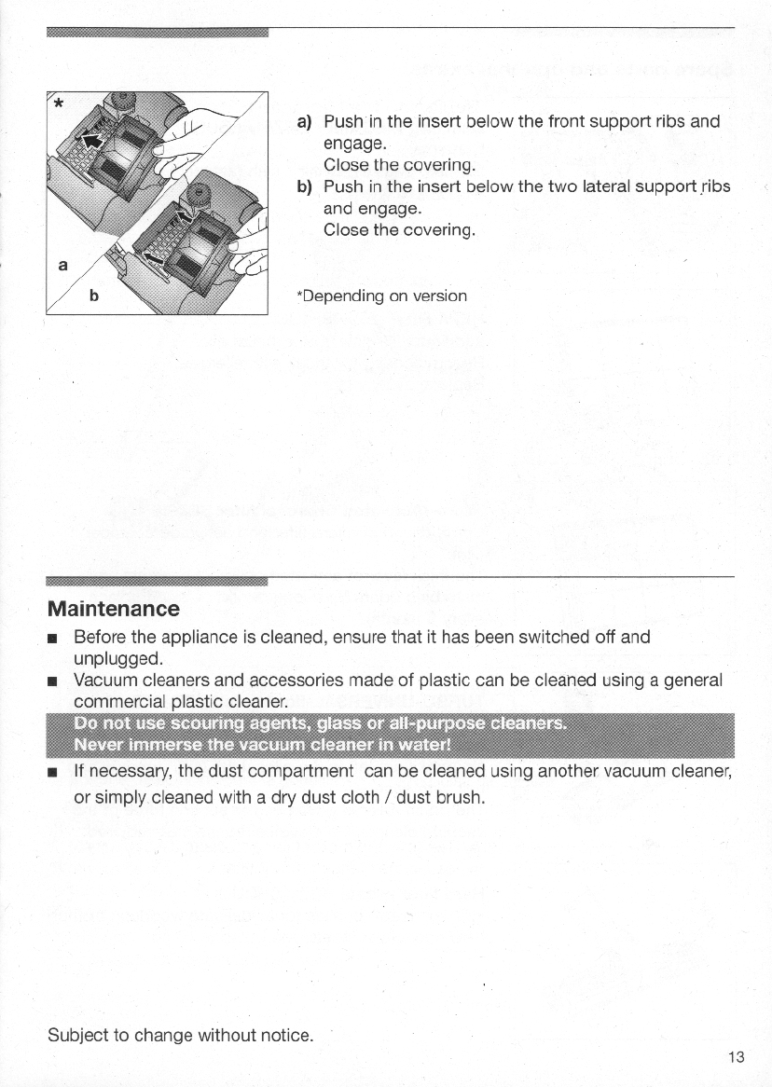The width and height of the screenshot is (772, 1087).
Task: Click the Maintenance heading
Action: pos(114,609)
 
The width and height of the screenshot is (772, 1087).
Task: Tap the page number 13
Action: pos(737,1056)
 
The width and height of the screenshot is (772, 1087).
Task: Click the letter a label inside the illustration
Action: pos(62,265)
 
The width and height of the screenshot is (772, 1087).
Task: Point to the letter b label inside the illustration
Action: pos(93,298)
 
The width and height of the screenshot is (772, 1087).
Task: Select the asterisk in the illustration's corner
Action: pos(58,103)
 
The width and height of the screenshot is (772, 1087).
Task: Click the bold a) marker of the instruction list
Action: pos(303,122)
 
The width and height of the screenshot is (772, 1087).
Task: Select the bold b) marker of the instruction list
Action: pos(303,186)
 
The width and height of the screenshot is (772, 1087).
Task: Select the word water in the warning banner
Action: pos(425,744)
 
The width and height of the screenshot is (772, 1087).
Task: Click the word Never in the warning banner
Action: pos(102,744)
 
